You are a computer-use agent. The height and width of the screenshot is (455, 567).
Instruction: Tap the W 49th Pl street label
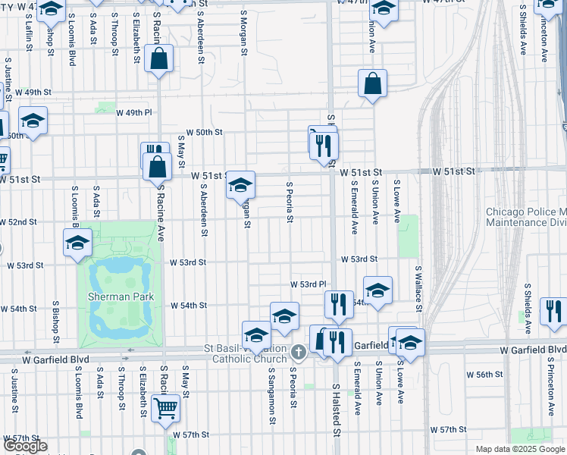134,112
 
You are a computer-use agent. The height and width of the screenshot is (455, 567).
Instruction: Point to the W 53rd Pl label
305,284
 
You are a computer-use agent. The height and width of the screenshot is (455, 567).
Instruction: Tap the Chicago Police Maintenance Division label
525,217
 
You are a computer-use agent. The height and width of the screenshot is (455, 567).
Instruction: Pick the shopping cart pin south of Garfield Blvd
165,409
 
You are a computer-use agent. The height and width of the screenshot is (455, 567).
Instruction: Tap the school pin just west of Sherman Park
78,243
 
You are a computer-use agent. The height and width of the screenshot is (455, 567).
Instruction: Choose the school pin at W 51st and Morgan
240,185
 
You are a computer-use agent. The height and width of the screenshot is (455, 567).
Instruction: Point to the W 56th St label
485,375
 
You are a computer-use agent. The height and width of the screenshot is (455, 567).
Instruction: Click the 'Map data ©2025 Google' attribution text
520,449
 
